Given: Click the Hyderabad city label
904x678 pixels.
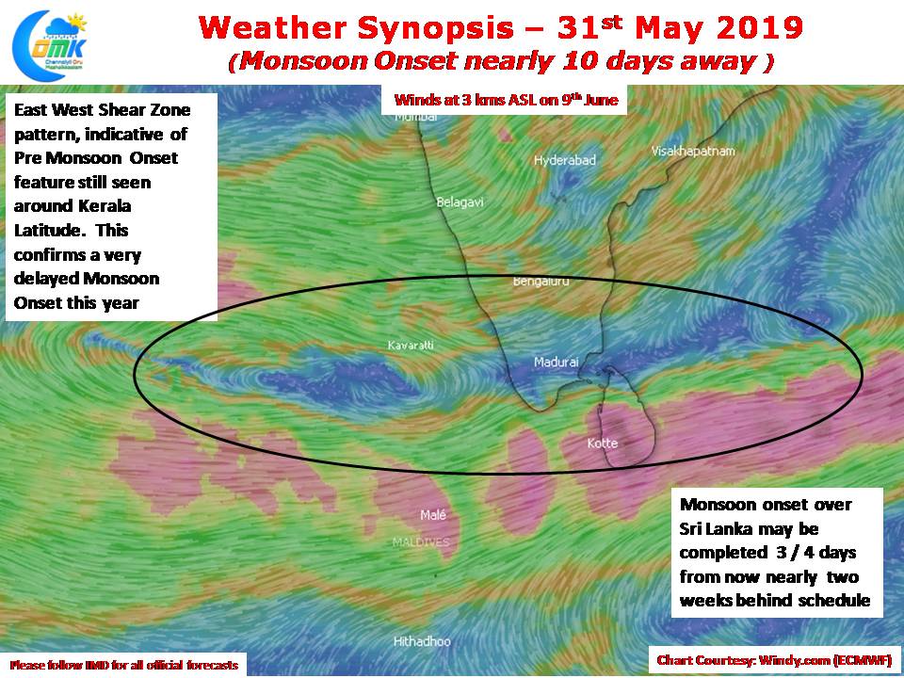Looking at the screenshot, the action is pyautogui.click(x=564, y=160).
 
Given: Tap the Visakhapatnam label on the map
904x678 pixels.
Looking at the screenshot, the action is pyautogui.click(x=693, y=151).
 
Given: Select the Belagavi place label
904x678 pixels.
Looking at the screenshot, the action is pyautogui.click(x=460, y=202).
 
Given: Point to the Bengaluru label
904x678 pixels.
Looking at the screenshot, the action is pyautogui.click(x=541, y=282).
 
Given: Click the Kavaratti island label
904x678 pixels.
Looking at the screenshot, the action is pyautogui.click(x=411, y=346).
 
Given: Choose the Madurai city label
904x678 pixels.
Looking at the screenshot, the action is pyautogui.click(x=556, y=362).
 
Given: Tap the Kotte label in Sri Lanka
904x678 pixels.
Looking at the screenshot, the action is pyautogui.click(x=602, y=443).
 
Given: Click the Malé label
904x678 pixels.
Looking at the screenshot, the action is pyautogui.click(x=433, y=515).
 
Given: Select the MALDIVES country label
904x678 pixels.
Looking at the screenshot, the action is pyautogui.click(x=421, y=542).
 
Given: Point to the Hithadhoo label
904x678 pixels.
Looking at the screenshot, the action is pyautogui.click(x=422, y=641).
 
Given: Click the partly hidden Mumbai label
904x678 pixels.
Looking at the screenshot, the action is pyautogui.click(x=415, y=117).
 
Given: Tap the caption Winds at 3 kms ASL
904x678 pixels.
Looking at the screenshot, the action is pyautogui.click(x=506, y=100).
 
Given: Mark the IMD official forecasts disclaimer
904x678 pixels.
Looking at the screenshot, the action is pyautogui.click(x=124, y=665).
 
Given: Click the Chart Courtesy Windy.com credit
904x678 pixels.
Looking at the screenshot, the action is pyautogui.click(x=774, y=660).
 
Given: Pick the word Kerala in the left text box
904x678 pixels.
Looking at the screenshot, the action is pyautogui.click(x=103, y=206).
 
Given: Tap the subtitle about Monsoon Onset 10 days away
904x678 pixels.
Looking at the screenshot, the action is pyautogui.click(x=500, y=61).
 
